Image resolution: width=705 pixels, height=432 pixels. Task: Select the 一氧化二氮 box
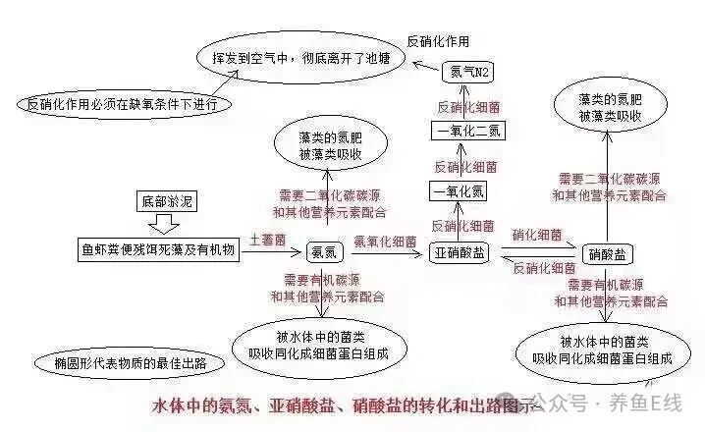467,131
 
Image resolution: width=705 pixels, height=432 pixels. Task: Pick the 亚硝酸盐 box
460,252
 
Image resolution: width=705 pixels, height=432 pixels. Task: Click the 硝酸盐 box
608,254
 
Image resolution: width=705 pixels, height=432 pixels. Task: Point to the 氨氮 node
325,252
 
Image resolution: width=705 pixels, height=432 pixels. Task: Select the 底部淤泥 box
166,202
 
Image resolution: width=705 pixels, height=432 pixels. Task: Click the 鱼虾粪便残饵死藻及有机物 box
158,250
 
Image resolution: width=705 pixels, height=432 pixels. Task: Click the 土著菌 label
267,239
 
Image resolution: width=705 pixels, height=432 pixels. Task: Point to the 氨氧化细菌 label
385,239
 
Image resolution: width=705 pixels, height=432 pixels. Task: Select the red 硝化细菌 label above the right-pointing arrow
537,236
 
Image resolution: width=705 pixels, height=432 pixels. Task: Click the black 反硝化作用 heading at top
438,41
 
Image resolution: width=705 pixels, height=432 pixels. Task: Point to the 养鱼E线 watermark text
644,403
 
